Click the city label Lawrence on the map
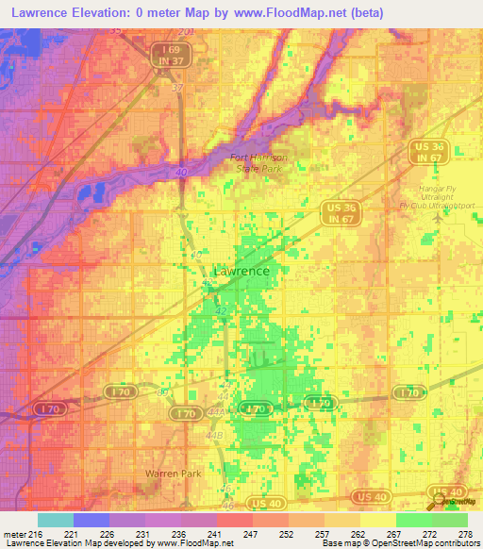click(241, 272)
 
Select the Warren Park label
click(168, 472)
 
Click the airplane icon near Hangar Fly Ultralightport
click(435, 215)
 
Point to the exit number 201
click(185, 32)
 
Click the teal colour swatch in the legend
click(55, 520)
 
